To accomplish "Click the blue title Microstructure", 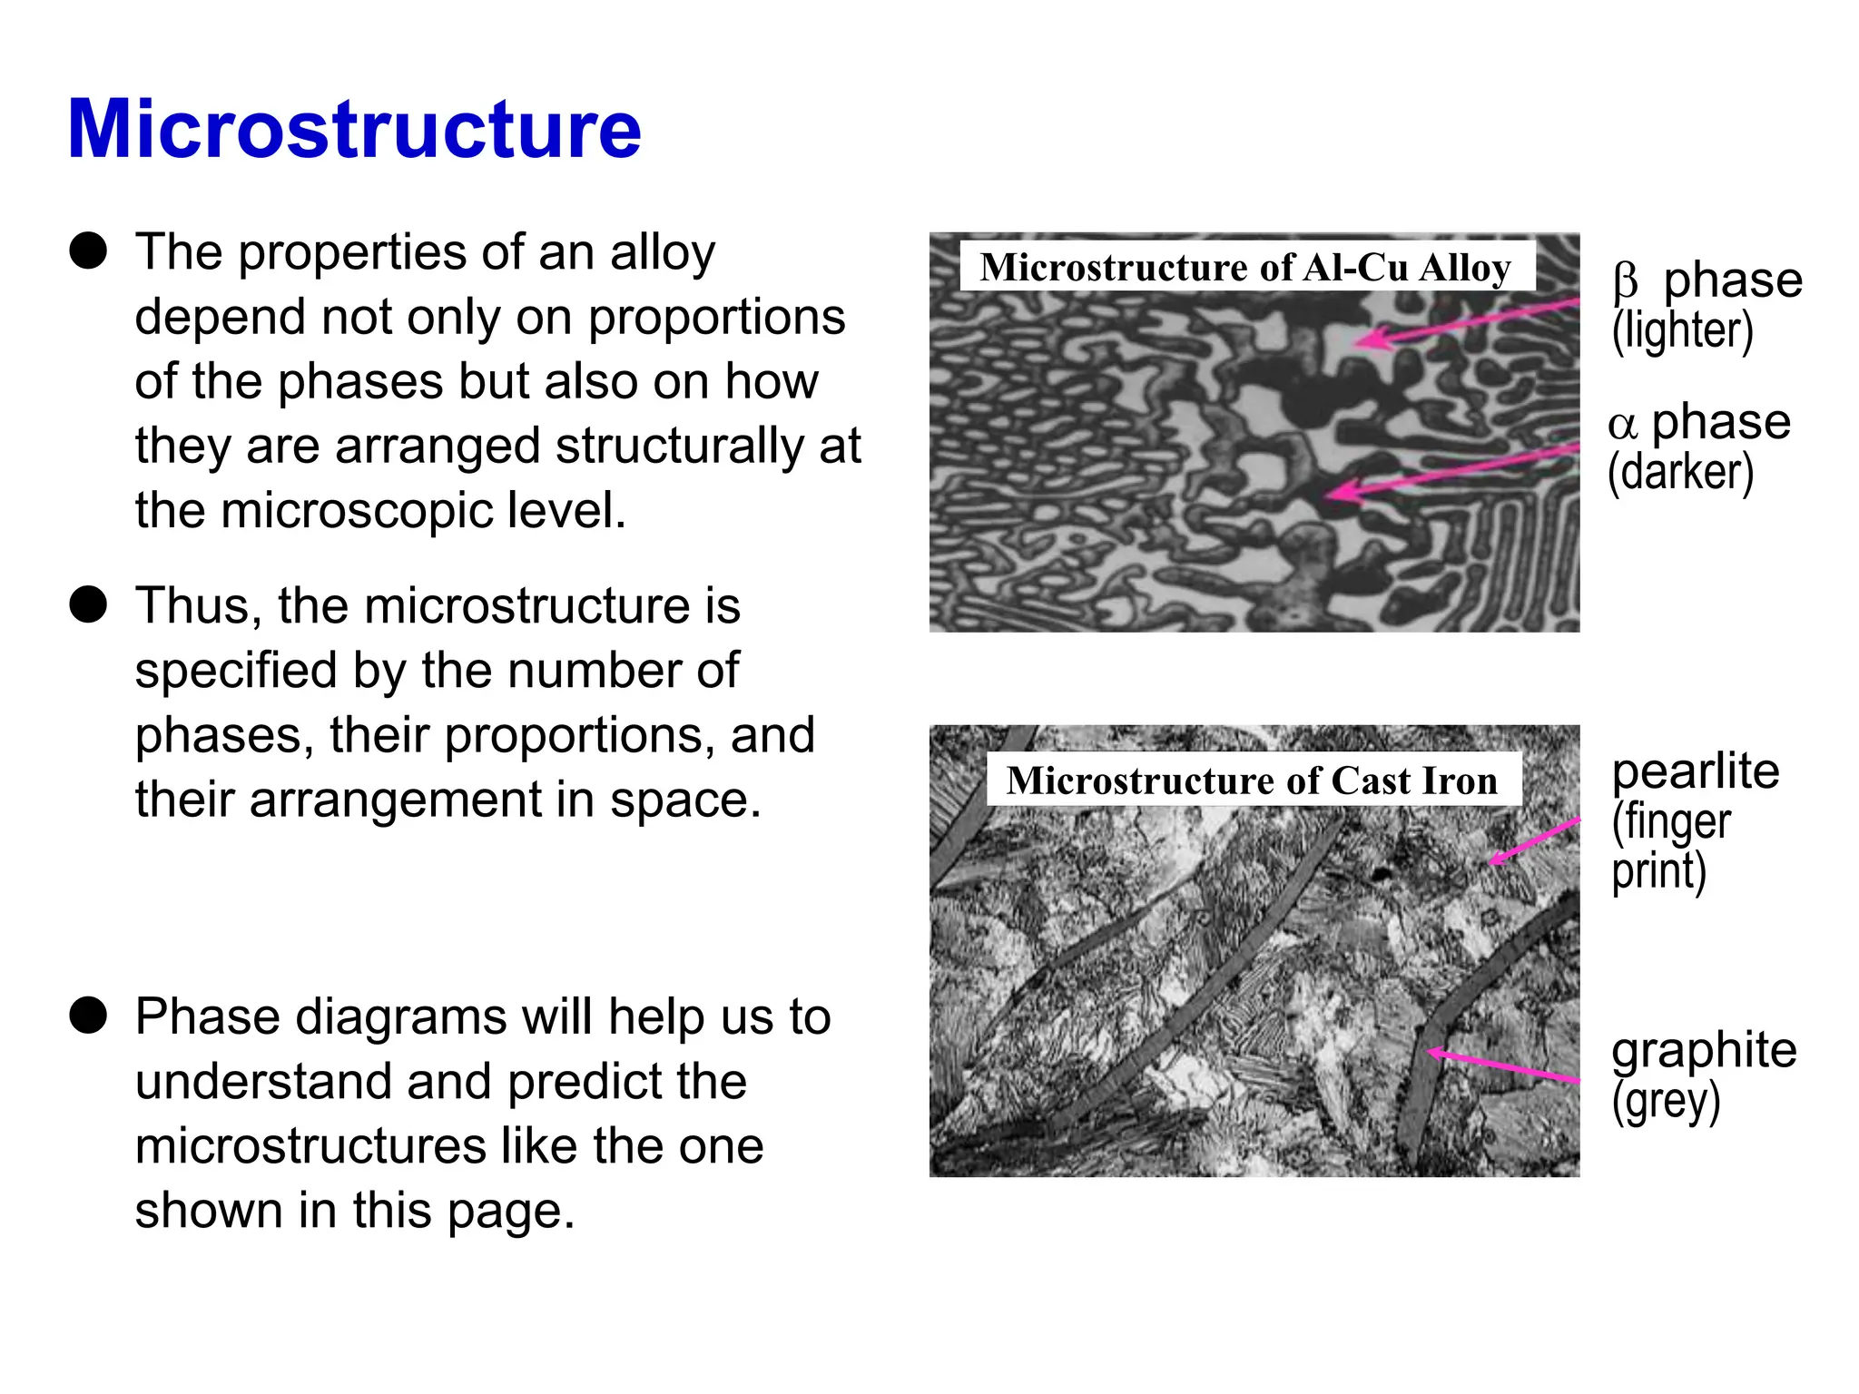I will click(x=354, y=129).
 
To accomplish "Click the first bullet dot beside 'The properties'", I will click(x=89, y=250).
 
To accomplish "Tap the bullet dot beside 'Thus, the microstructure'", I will click(x=89, y=604).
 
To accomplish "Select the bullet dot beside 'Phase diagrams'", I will click(x=89, y=1015).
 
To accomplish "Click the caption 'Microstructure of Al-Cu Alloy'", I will click(x=1245, y=267).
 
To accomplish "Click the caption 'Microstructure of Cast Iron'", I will click(x=1252, y=780).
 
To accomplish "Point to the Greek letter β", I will click(x=1625, y=281).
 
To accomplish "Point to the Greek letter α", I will click(x=1622, y=424).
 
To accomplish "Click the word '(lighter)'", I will click(x=1682, y=330).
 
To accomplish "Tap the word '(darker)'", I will click(x=1680, y=472).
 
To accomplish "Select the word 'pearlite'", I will click(x=1695, y=771).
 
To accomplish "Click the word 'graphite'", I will click(x=1704, y=1050).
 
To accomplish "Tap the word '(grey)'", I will click(x=1666, y=1101).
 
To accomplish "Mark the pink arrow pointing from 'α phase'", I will click(x=1452, y=471).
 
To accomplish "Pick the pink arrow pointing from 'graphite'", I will click(x=1502, y=1065).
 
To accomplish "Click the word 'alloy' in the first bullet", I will click(x=663, y=252).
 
